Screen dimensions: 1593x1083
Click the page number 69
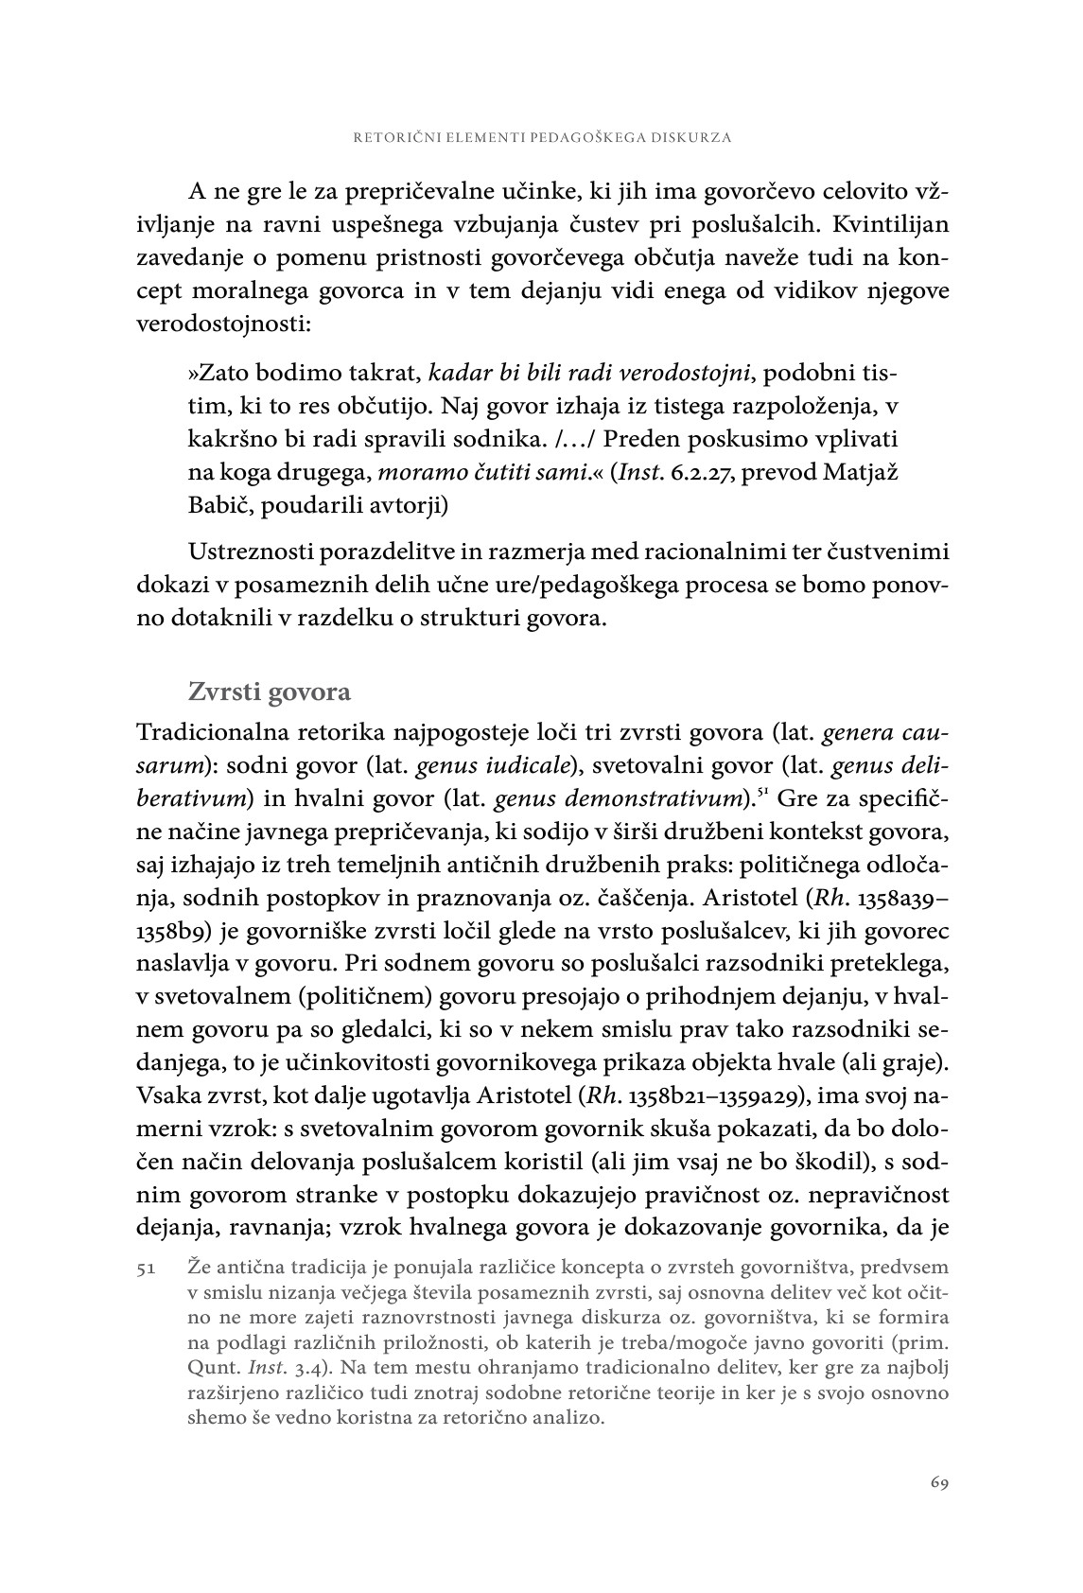[938, 1482]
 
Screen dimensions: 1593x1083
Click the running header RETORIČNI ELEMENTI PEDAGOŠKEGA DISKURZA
[542, 137]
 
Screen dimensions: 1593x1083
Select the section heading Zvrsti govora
[270, 691]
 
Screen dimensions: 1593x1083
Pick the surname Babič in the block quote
[219, 505]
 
